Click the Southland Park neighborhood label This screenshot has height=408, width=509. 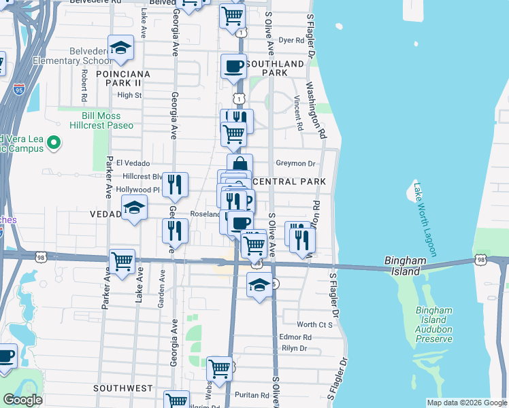click(x=275, y=68)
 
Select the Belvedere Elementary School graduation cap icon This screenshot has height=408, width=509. click(x=121, y=48)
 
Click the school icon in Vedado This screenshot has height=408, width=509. click(x=134, y=209)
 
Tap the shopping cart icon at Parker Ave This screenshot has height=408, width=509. click(x=122, y=262)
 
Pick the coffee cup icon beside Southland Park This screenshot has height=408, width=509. click(x=234, y=67)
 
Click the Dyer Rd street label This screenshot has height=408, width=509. click(x=291, y=41)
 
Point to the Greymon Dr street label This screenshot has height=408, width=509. click(x=296, y=163)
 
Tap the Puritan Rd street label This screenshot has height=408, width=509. click(x=254, y=395)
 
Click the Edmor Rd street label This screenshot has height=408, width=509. click(x=295, y=337)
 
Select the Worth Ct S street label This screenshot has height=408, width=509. click(x=314, y=325)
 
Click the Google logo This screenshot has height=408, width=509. click(x=22, y=400)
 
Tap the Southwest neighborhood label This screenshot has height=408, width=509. click(x=123, y=388)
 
